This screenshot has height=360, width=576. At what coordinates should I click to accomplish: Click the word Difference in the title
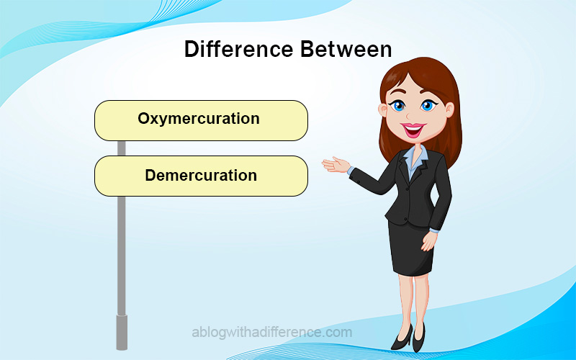tap(239, 49)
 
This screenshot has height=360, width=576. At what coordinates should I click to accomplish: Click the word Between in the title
tap(346, 49)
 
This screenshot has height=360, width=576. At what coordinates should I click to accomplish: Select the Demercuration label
tap(201, 176)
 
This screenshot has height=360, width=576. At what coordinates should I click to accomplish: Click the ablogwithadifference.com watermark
tap(272, 333)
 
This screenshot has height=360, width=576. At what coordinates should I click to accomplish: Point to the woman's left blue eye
tap(398, 106)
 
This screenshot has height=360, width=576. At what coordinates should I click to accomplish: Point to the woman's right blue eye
tap(427, 106)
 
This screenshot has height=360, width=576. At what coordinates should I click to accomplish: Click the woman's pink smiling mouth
tap(413, 130)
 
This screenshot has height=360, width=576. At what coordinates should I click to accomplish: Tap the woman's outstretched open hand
tap(335, 165)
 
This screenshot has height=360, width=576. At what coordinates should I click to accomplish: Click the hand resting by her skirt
tap(428, 241)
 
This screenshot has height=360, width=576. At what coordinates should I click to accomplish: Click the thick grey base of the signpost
tap(122, 332)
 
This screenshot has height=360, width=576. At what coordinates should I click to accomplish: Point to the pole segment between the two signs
tap(121, 148)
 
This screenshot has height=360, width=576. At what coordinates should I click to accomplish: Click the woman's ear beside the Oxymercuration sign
tap(383, 110)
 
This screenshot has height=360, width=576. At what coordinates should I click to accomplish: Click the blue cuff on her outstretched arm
tap(351, 171)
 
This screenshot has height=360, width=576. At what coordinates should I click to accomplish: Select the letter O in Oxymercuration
tap(143, 118)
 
